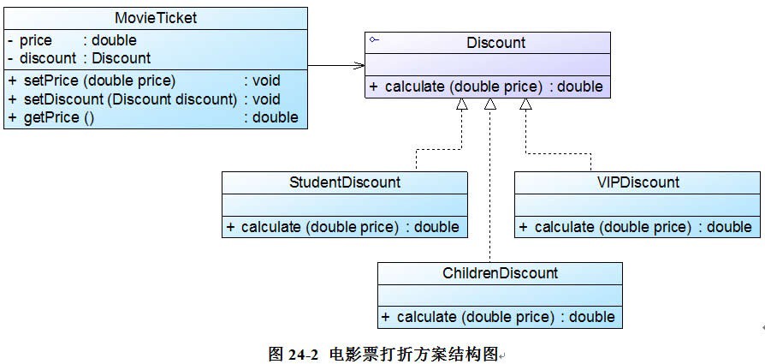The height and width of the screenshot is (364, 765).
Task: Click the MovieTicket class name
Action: tap(155, 18)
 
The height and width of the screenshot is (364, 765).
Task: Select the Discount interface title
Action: tap(496, 42)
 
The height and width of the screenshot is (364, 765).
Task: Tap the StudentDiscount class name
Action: tap(345, 182)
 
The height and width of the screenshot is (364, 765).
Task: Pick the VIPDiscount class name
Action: tap(638, 182)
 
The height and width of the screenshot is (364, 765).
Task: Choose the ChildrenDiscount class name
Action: tap(500, 273)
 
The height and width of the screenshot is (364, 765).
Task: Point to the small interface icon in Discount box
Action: tap(373, 39)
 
